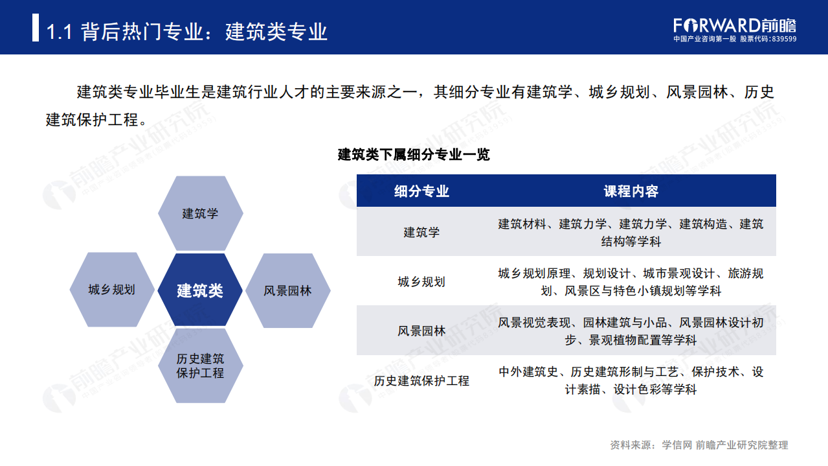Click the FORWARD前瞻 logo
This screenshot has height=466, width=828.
pyautogui.click(x=734, y=25)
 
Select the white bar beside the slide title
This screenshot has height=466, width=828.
pyautogui.click(x=36, y=29)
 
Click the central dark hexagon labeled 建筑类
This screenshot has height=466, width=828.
pyautogui.click(x=200, y=290)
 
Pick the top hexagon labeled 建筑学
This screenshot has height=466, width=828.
pyautogui.click(x=200, y=213)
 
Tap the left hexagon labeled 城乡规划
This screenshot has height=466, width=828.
pyautogui.click(x=111, y=290)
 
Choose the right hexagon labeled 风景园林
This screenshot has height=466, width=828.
pyautogui.click(x=287, y=290)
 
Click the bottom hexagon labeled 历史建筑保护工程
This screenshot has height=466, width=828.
pyautogui.click(x=200, y=366)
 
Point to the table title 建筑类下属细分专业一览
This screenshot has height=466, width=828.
pyautogui.click(x=414, y=155)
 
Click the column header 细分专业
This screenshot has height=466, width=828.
pyautogui.click(x=421, y=191)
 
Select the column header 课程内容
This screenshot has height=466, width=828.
pyautogui.click(x=631, y=191)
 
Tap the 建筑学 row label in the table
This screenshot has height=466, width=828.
pyautogui.click(x=421, y=232)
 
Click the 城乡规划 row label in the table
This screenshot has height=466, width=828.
pyautogui.click(x=421, y=281)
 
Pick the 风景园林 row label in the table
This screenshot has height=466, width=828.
pyautogui.click(x=421, y=331)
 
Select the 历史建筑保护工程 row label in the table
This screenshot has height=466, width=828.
pyautogui.click(x=421, y=380)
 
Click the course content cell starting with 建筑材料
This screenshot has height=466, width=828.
pyautogui.click(x=631, y=232)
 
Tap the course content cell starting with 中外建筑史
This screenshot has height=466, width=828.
pyautogui.click(x=631, y=380)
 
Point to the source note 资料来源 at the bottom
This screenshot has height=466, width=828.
pyautogui.click(x=699, y=445)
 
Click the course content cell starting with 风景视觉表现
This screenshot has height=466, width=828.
pyautogui.click(x=631, y=331)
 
